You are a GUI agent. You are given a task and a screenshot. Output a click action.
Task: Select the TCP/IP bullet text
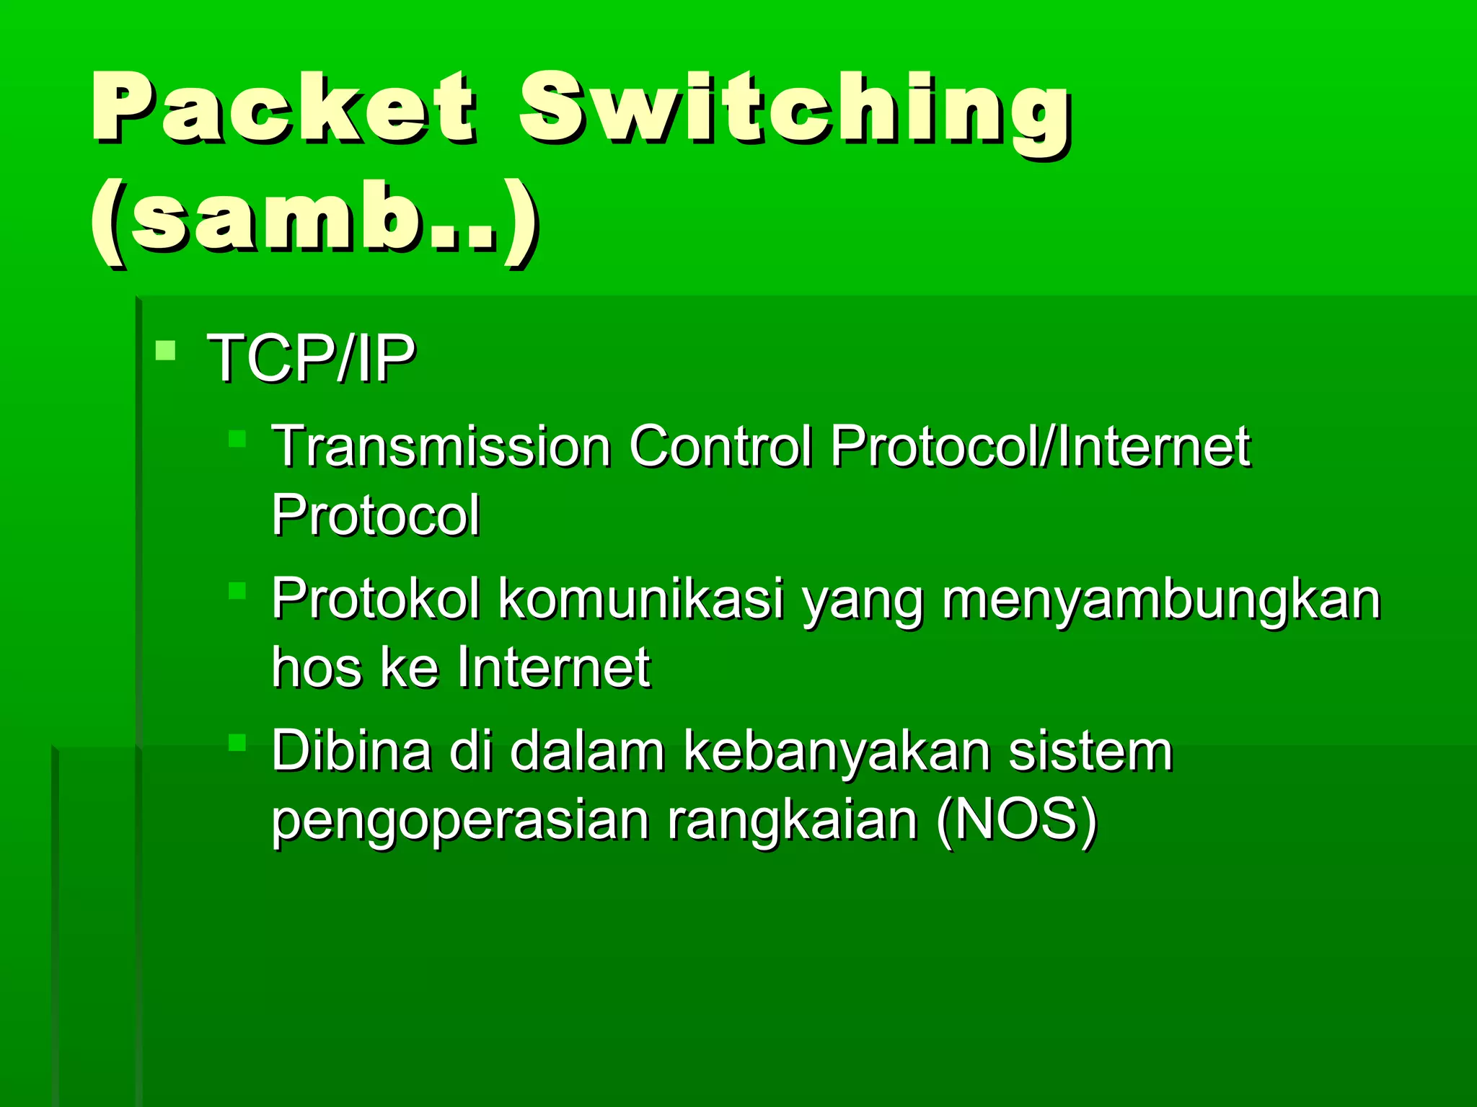click(x=311, y=357)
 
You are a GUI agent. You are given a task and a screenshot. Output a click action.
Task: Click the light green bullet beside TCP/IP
click(x=166, y=351)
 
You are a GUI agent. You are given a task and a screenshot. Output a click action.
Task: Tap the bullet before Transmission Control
click(x=237, y=439)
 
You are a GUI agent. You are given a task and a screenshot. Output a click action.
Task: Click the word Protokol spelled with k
click(x=375, y=599)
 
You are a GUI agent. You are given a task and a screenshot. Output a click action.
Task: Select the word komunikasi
click(x=641, y=599)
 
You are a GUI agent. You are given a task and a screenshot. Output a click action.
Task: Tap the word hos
click(x=317, y=667)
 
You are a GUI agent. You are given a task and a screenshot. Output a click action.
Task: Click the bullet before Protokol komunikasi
click(x=237, y=591)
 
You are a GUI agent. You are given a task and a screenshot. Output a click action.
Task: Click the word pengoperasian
click(x=460, y=822)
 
